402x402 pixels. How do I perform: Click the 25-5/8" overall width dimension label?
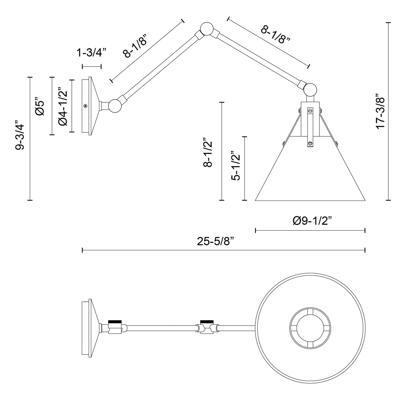click(215, 241)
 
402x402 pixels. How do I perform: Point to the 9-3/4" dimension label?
click(20, 135)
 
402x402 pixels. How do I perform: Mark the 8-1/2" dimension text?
click(208, 152)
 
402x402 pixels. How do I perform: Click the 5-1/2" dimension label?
click(236, 166)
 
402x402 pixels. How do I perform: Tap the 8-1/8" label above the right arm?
click(275, 35)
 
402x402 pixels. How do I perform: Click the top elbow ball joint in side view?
click(207, 29)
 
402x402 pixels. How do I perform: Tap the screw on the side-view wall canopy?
click(85, 106)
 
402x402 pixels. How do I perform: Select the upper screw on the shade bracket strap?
click(310, 110)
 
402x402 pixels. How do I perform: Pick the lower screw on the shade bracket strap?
click(310, 144)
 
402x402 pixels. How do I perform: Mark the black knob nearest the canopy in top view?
click(115, 322)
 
